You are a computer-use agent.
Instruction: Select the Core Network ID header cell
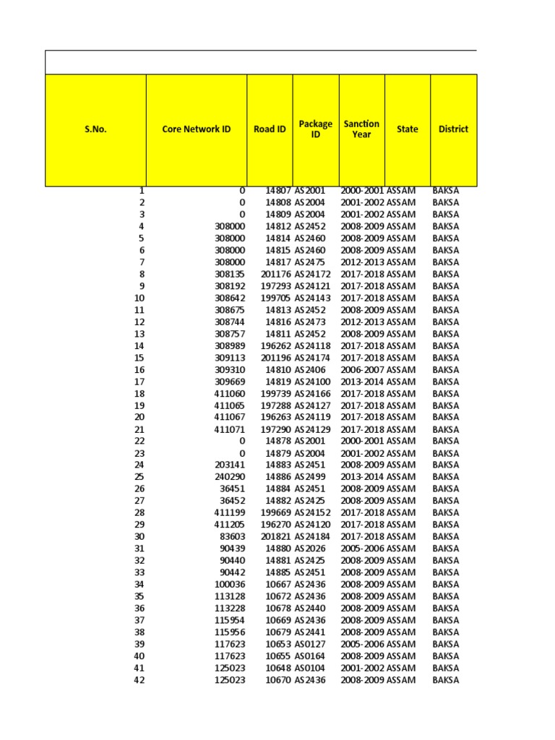[x=197, y=130]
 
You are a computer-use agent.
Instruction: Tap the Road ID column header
[x=270, y=130]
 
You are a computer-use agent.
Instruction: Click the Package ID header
[x=316, y=129]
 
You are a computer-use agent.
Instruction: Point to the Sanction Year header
[x=361, y=129]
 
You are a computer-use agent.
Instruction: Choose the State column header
[x=408, y=130]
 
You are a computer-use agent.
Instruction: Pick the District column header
[x=453, y=130]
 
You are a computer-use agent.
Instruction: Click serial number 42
[x=139, y=680]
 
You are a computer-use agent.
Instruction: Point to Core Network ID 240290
[x=230, y=477]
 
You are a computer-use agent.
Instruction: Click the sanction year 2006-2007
[x=362, y=370]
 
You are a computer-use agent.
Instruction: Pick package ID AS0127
[x=310, y=644]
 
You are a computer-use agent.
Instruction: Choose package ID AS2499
[x=310, y=477]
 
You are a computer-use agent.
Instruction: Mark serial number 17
[x=139, y=382]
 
